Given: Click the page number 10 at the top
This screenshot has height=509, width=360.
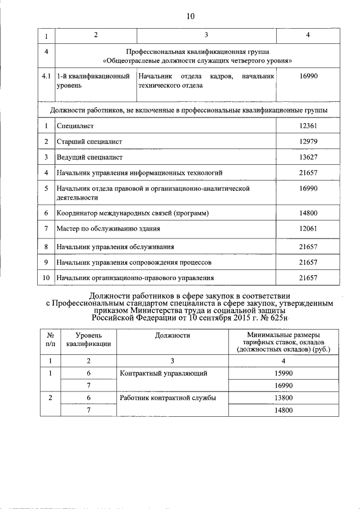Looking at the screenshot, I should pos(190,16).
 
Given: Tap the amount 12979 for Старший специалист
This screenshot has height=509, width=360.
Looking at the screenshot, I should pos(308,142).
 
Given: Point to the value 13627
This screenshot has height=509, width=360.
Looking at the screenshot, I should pos(308,157).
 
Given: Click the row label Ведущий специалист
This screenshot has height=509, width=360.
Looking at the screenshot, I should pos(89,157).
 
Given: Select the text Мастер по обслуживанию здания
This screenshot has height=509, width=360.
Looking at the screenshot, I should pos(108,228).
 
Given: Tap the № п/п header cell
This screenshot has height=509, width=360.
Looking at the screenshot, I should pos(51,340).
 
